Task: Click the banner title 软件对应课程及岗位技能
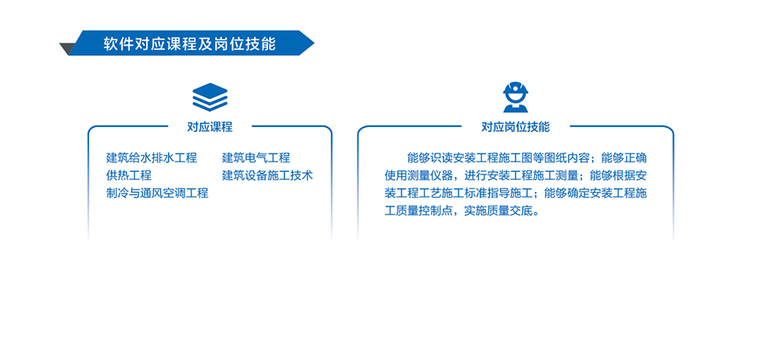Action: pyautogui.click(x=189, y=43)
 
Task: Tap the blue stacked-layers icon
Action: pyautogui.click(x=210, y=96)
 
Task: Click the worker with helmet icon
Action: pyautogui.click(x=515, y=96)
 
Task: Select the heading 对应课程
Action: pyautogui.click(x=210, y=127)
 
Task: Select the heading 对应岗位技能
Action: pyautogui.click(x=516, y=127)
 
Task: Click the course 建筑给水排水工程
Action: pyautogui.click(x=151, y=157)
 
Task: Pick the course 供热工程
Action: pyautogui.click(x=129, y=175)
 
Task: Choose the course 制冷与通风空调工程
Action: pyautogui.click(x=157, y=193)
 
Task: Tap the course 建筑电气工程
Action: pyautogui.click(x=256, y=157)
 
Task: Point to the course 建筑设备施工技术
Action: pyautogui.click(x=267, y=175)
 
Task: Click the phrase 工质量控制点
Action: pyautogui.click(x=418, y=211)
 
